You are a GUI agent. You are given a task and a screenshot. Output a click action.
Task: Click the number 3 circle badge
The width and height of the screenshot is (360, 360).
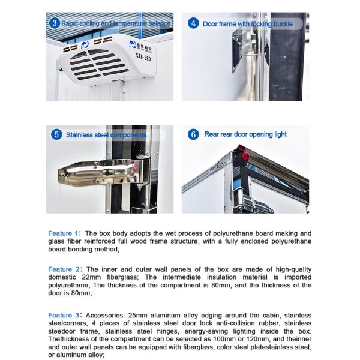pyautogui.click(x=55, y=23)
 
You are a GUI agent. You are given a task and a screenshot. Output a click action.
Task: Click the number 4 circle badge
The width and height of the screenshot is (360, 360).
pyautogui.click(x=193, y=23)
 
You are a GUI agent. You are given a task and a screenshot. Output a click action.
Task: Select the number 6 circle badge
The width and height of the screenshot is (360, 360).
pyautogui.click(x=193, y=135)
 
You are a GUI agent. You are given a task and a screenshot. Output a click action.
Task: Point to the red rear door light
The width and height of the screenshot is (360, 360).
pyautogui.click(x=245, y=157)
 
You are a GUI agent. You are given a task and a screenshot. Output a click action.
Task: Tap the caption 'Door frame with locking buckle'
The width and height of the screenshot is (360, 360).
pyautogui.click(x=248, y=24)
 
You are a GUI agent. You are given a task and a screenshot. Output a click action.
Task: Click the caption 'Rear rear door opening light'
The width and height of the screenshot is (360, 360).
pyautogui.click(x=245, y=135)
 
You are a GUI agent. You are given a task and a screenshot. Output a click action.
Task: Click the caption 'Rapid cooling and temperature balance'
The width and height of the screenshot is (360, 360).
pyautogui.click(x=115, y=24)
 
